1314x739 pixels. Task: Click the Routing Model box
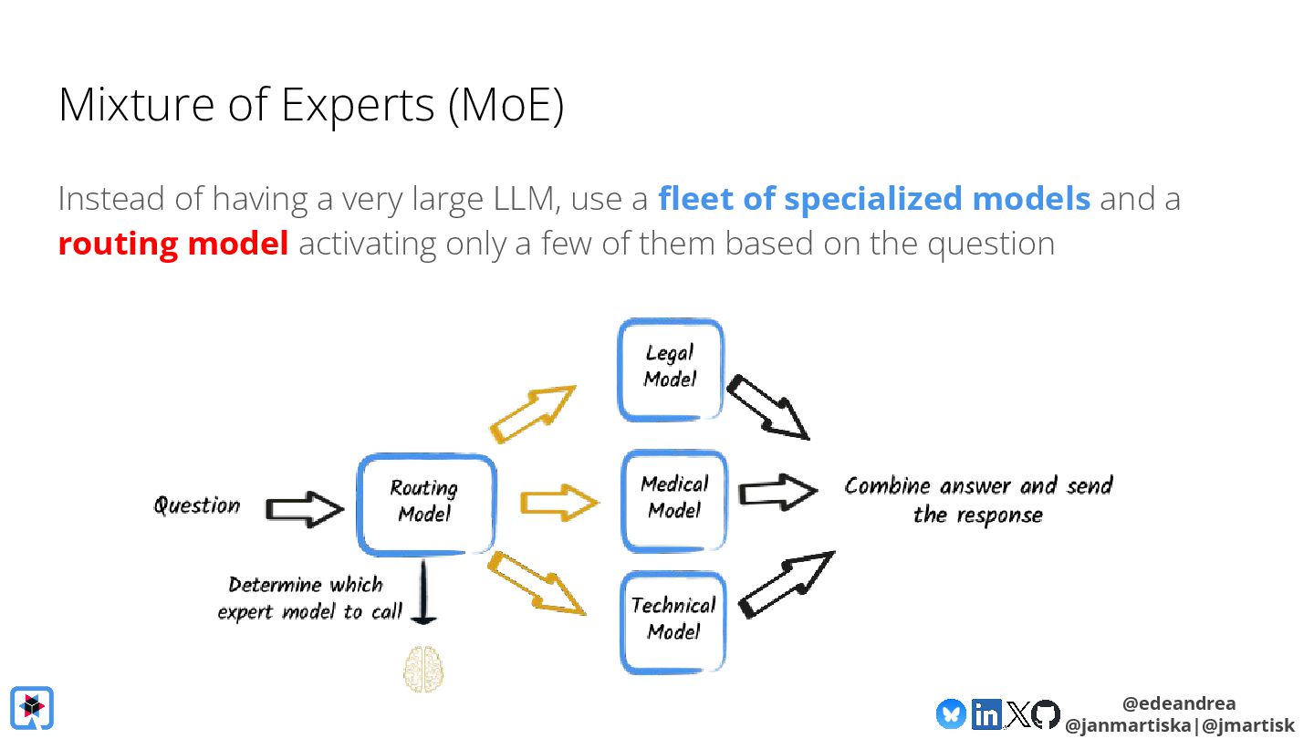click(x=425, y=504)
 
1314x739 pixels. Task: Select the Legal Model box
click(x=671, y=369)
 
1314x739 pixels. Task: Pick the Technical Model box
click(x=673, y=620)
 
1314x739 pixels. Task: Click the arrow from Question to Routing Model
click(x=303, y=509)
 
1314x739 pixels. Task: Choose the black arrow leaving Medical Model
click(x=777, y=493)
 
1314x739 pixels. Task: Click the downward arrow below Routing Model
click(x=423, y=594)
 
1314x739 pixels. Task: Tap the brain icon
click(x=423, y=669)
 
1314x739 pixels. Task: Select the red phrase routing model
click(x=173, y=244)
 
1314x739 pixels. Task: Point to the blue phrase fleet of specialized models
click(x=874, y=199)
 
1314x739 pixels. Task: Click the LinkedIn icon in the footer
click(x=985, y=713)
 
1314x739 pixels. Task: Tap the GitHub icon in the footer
click(x=1046, y=713)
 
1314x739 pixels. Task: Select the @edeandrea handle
click(x=1179, y=703)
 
